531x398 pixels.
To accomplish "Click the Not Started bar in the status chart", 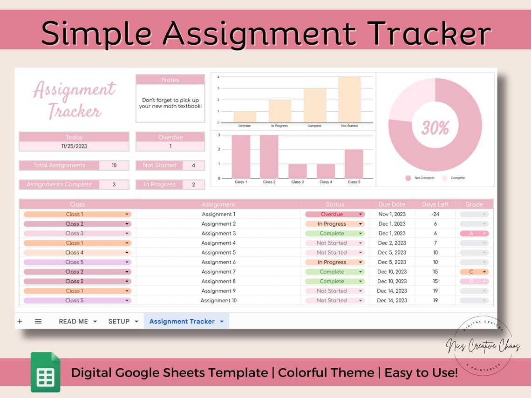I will pyautogui.click(x=349, y=100).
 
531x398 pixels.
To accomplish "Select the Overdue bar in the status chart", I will pyautogui.click(x=245, y=116).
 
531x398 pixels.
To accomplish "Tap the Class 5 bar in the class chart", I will pyautogui.click(x=354, y=164).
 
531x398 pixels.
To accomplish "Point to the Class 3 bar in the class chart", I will pyautogui.click(x=297, y=171).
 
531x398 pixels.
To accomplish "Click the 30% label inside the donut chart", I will pyautogui.click(x=435, y=128).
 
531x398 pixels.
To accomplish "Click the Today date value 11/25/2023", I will pyautogui.click(x=74, y=146).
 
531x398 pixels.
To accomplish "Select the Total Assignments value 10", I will pyautogui.click(x=114, y=165).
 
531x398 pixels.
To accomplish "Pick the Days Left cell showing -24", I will pyautogui.click(x=435, y=214).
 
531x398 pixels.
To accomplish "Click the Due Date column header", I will pyautogui.click(x=392, y=204).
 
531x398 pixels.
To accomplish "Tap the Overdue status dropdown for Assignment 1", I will pyautogui.click(x=334, y=214).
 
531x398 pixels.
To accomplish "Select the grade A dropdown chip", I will pyautogui.click(x=474, y=233).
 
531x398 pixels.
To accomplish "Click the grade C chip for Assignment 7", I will pyautogui.click(x=474, y=272).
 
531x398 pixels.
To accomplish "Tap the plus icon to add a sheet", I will pyautogui.click(x=20, y=321).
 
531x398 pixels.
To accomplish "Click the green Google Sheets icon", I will pyautogui.click(x=46, y=372).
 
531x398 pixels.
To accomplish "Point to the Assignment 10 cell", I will pyautogui.click(x=218, y=300).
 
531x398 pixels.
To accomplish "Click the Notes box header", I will pyautogui.click(x=170, y=80).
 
